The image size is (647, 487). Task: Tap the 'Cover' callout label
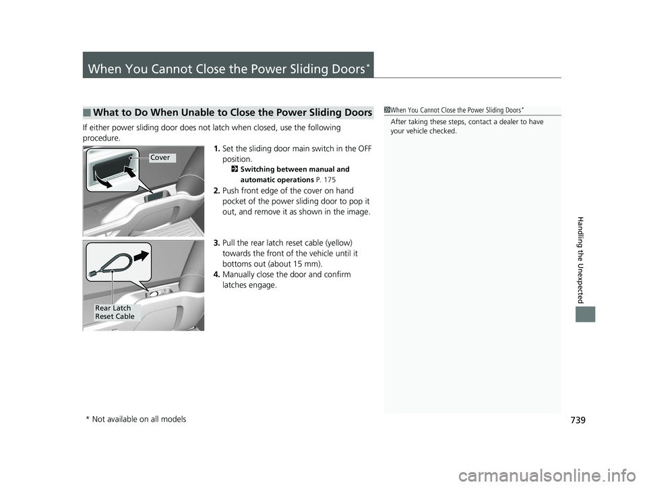tap(161, 158)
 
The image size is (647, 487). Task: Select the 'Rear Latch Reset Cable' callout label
tap(115, 312)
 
